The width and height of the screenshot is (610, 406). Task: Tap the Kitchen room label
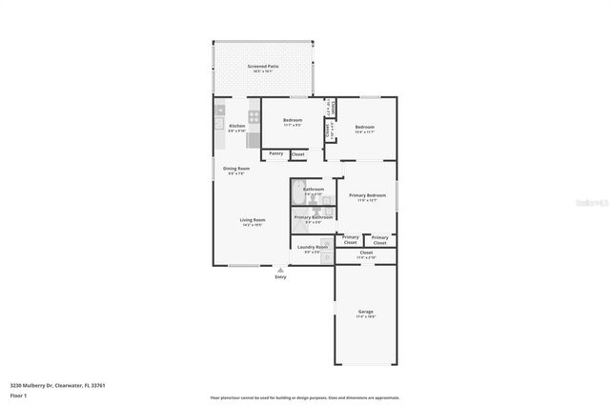236,126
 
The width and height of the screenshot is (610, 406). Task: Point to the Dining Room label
236,170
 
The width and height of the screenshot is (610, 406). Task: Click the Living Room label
252,220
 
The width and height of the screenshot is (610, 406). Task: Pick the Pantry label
275,153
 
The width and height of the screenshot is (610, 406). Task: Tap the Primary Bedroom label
366,196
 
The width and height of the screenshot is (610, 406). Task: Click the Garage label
365,312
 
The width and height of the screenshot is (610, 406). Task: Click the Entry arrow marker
280,270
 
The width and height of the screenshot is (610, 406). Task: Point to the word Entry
280,277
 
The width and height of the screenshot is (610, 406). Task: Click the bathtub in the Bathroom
297,188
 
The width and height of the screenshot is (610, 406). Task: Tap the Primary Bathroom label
314,217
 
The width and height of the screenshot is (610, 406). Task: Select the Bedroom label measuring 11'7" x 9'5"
292,121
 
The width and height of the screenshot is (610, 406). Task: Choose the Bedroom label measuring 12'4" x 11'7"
365,128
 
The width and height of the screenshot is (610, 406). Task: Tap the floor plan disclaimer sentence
304,397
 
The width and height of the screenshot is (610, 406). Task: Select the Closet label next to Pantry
297,153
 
